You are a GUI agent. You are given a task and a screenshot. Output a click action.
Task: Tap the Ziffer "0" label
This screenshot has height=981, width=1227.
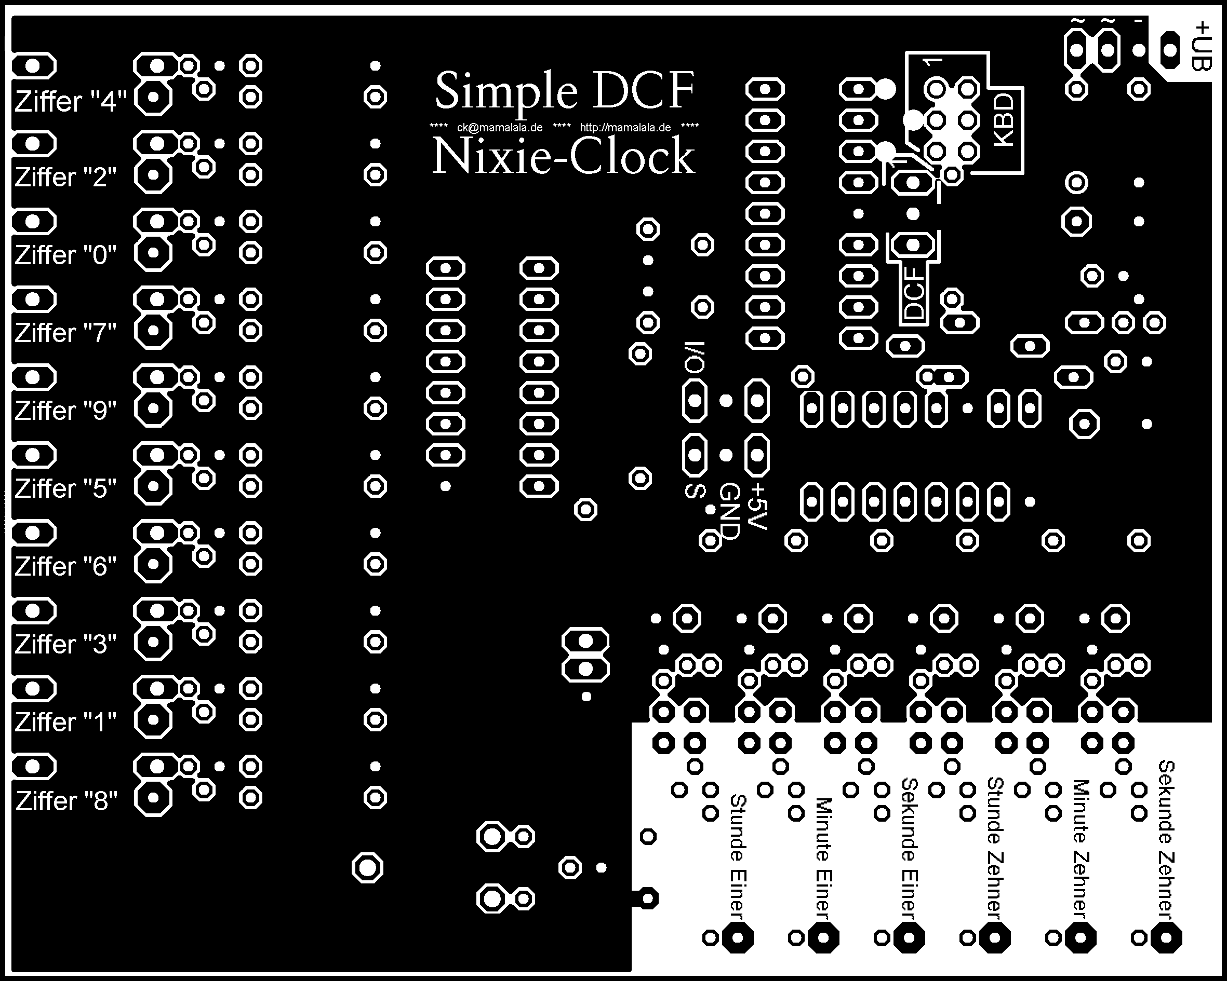[65, 255]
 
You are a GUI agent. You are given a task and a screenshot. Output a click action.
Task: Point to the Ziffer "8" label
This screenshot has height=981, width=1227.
[66, 801]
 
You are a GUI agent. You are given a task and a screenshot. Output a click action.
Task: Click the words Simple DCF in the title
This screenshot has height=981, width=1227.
[564, 91]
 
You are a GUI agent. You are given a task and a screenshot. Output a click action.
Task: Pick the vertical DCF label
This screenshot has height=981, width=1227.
[914, 293]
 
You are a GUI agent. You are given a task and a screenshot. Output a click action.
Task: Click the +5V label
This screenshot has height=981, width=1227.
[758, 506]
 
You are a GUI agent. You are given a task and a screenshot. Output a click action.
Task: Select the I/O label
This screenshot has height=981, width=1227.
[695, 358]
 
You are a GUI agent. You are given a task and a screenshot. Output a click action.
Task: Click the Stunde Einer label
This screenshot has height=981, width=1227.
[738, 856]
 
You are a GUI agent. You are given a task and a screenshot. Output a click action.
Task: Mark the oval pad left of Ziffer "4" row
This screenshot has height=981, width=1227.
[33, 66]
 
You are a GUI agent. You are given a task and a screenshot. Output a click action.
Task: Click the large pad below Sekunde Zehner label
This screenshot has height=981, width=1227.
[1166, 938]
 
